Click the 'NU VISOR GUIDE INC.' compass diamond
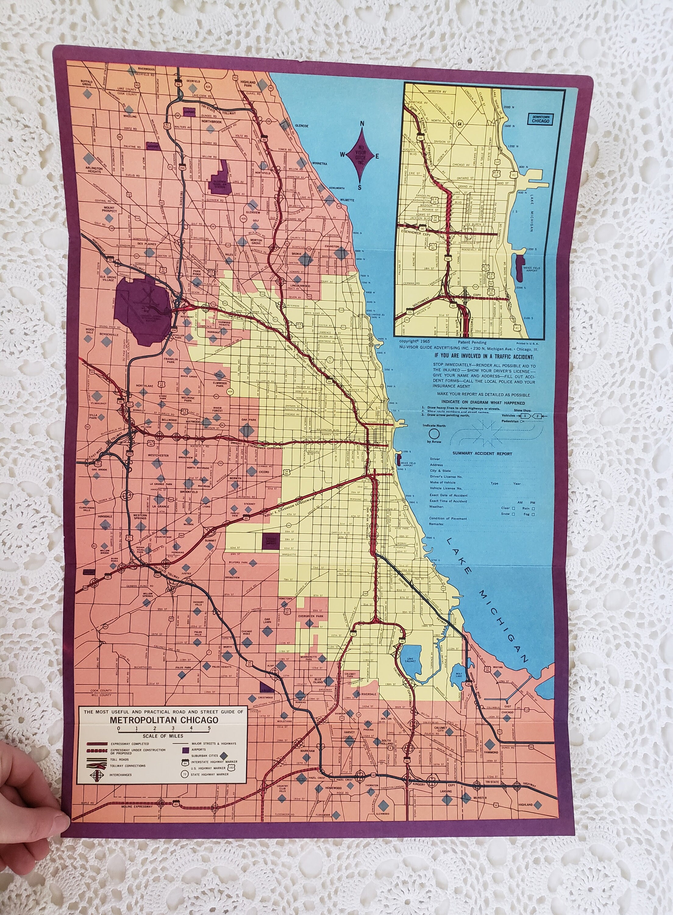360,156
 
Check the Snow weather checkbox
513,514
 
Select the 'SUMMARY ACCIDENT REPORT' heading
482,454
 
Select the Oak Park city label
248,419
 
